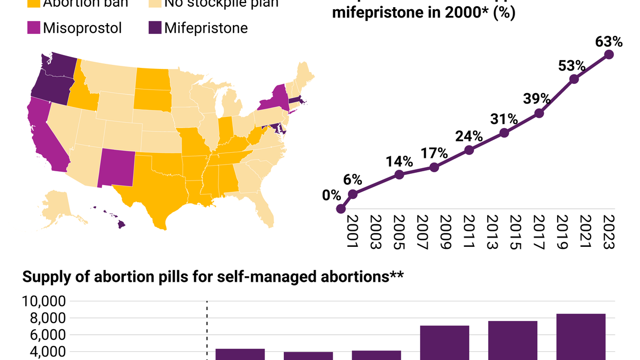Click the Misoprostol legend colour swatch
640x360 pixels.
tap(33, 27)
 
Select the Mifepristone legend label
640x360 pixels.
tap(206, 28)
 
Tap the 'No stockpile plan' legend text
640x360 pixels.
tap(221, 4)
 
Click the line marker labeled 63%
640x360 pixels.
tap(609, 55)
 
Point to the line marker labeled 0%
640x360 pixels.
tap(340, 209)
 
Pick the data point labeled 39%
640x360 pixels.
tap(539, 114)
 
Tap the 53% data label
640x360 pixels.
tap(572, 66)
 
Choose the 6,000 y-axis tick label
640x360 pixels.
tap(47, 335)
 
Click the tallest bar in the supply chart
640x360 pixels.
tap(580, 337)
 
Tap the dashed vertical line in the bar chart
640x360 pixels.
tap(207, 329)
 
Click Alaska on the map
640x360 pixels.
tap(59, 206)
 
